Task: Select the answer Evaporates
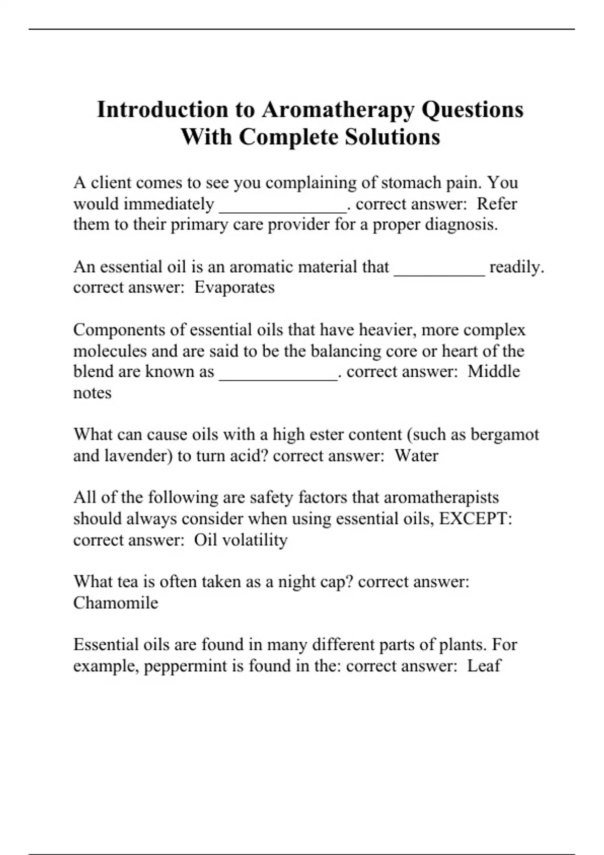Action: click(x=235, y=288)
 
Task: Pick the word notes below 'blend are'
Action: click(x=92, y=393)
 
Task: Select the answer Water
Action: click(x=416, y=456)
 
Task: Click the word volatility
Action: click(x=255, y=540)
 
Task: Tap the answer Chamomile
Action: click(x=116, y=603)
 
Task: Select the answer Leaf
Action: click(x=484, y=666)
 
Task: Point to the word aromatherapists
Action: click(x=441, y=497)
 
